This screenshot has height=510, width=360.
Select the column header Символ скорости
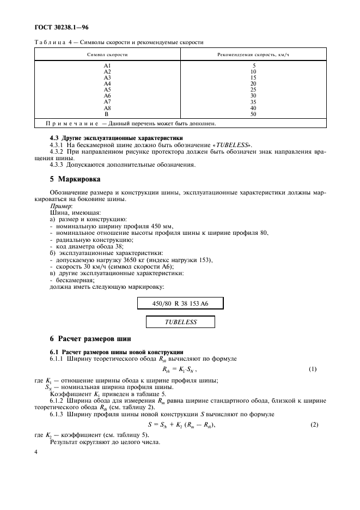coord(107,55)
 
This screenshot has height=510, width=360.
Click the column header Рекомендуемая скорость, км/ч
coord(253,55)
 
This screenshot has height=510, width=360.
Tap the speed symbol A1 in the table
coord(107,66)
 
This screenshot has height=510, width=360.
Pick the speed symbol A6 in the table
coord(107,96)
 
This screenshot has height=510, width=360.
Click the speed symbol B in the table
coord(107,114)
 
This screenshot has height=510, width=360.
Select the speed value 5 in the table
coord(253,66)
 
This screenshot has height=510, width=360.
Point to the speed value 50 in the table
coord(253,114)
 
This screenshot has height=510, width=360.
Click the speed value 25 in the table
coord(253,90)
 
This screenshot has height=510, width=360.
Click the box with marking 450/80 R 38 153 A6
coord(180,303)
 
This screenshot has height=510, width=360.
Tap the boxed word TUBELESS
coord(181,322)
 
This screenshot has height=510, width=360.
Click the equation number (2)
coord(314,424)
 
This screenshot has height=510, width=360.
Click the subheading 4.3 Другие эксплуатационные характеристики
coord(116,138)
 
